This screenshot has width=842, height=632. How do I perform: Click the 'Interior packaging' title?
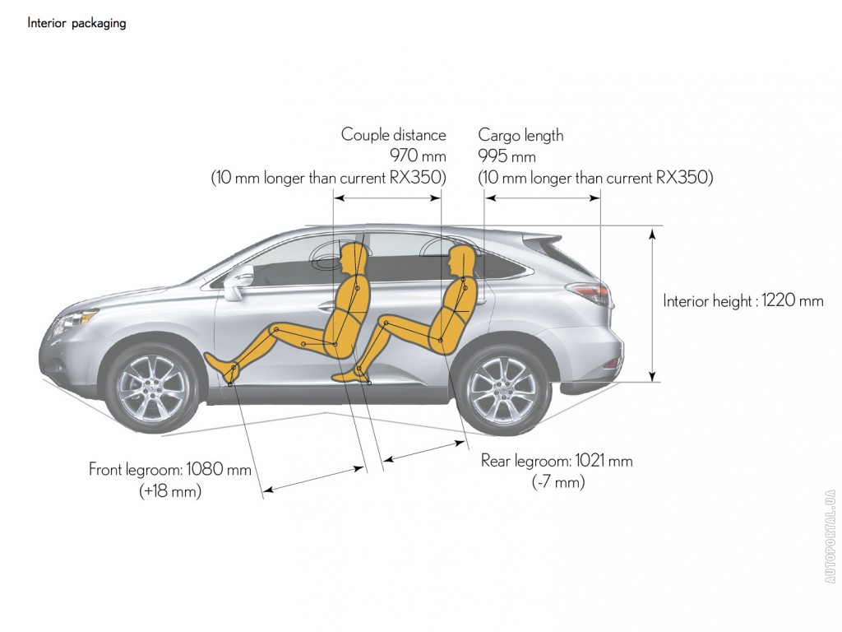click(76, 23)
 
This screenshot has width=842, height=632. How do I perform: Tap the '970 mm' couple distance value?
click(418, 156)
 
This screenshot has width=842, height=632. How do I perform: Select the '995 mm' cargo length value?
click(507, 156)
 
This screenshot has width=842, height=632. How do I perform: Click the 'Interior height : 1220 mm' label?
click(743, 300)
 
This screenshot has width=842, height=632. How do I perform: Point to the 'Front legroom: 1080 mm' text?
click(170, 469)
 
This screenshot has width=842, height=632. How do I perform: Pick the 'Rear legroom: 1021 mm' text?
click(557, 461)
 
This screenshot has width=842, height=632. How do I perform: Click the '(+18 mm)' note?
click(170, 490)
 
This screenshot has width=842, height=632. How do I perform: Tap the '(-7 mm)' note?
click(558, 481)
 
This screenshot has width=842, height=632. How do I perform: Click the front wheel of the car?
click(153, 386)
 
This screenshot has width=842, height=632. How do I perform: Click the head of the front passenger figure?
click(353, 258)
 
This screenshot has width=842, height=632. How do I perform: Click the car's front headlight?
click(72, 322)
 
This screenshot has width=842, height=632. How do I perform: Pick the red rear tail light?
click(590, 294)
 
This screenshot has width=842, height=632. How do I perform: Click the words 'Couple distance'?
click(394, 134)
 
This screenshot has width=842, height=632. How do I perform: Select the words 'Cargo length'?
click(520, 135)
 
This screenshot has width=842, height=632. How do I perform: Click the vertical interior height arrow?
click(652, 304)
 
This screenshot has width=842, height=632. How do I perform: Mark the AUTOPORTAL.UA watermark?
click(830, 537)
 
